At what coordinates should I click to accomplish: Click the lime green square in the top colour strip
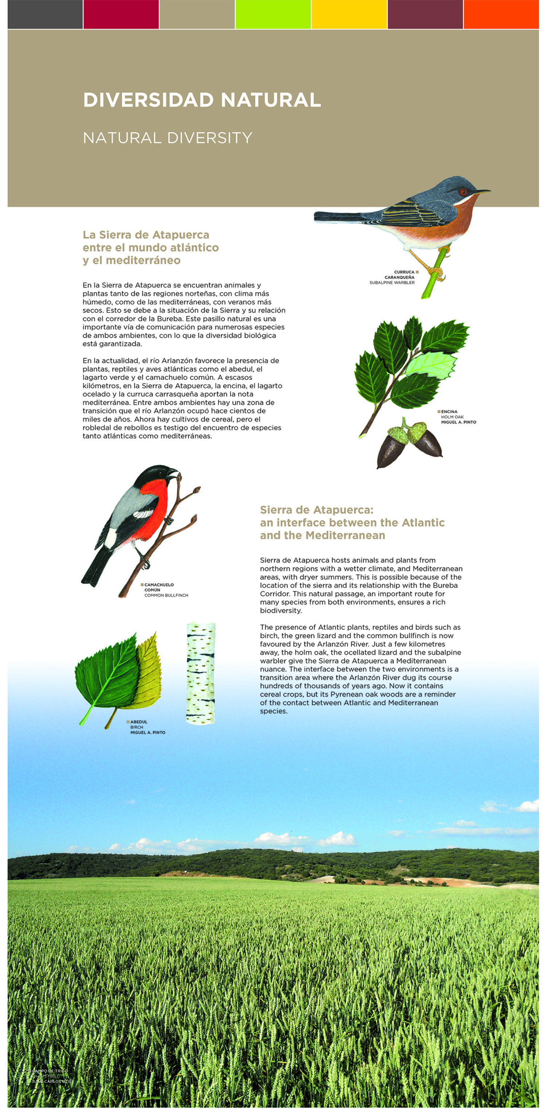pyautogui.click(x=273, y=14)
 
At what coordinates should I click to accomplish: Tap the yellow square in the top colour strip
pyautogui.click(x=349, y=14)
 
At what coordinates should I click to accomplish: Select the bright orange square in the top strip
pyautogui.click(x=501, y=14)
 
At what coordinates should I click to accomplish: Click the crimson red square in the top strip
pyautogui.click(x=121, y=14)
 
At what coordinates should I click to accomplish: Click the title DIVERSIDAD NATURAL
pyautogui.click(x=202, y=100)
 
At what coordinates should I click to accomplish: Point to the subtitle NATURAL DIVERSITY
pyautogui.click(x=167, y=138)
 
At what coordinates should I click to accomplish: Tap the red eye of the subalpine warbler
pyautogui.click(x=463, y=192)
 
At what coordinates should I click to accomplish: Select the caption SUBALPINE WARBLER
pyautogui.click(x=392, y=283)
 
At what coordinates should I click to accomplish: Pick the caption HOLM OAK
pyautogui.click(x=452, y=417)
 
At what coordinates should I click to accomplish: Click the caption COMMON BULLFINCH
pyautogui.click(x=166, y=596)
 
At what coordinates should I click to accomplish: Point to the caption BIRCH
pyautogui.click(x=137, y=727)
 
